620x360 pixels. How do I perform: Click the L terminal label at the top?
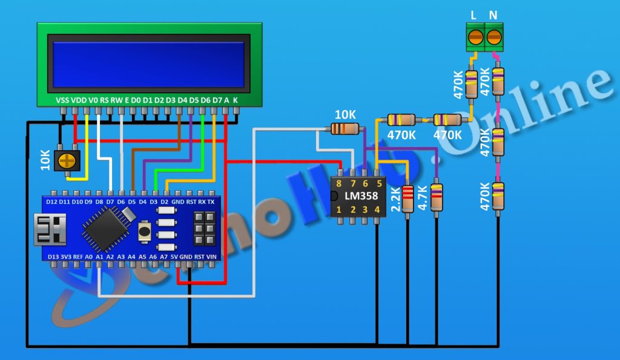[474, 15]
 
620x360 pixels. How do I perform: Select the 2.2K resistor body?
[407, 198]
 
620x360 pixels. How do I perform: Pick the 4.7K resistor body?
[437, 197]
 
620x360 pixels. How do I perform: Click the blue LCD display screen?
[150, 65]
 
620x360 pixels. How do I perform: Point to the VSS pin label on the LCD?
[62, 100]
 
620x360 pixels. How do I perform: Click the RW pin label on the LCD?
[116, 100]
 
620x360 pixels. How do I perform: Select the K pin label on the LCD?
[236, 100]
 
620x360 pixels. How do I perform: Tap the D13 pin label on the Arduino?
[53, 257]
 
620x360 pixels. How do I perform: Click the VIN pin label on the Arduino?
[211, 257]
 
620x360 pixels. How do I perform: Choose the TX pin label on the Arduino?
[211, 201]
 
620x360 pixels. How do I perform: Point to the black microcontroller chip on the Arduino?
[105, 228]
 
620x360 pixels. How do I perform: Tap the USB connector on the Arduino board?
[47, 230]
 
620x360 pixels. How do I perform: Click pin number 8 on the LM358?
[338, 182]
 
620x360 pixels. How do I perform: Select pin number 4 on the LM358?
[377, 210]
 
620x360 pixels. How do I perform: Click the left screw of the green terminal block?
[475, 36]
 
